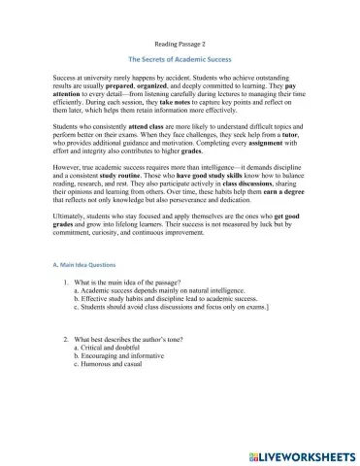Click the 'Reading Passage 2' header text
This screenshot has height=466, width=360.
click(x=180, y=45)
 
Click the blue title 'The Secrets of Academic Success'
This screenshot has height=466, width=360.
click(x=180, y=60)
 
